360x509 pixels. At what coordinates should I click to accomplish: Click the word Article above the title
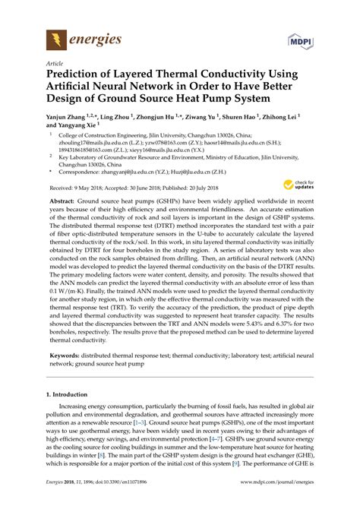[x=56, y=64]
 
